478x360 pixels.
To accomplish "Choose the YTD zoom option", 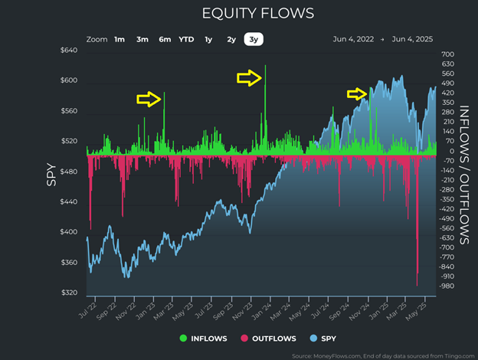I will [186, 38].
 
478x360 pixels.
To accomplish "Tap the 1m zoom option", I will [120, 38].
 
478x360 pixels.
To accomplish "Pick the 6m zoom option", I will [165, 38].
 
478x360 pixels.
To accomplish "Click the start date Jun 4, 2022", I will [355, 38].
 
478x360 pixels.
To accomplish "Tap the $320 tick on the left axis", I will [70, 293].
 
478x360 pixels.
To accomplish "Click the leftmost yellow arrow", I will [148, 99].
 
